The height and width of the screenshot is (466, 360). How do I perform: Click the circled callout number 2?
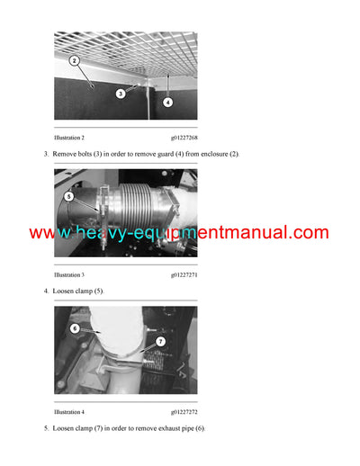[x=75, y=61]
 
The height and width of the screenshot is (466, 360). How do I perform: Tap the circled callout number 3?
[x=120, y=93]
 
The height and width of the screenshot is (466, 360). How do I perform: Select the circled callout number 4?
[x=168, y=102]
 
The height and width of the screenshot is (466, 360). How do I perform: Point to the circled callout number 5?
[x=69, y=195]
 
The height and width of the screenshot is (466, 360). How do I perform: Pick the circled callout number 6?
[x=76, y=330]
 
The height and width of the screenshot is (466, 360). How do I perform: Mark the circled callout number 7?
[x=160, y=341]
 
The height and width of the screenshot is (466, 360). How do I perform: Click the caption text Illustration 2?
[x=69, y=137]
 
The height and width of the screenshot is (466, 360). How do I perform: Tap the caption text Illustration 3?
[x=69, y=273]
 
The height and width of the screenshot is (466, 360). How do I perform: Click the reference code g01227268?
[x=184, y=137]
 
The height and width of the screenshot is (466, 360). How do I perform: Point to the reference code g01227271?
[x=184, y=273]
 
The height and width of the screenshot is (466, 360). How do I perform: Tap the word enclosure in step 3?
[x=197, y=155]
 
